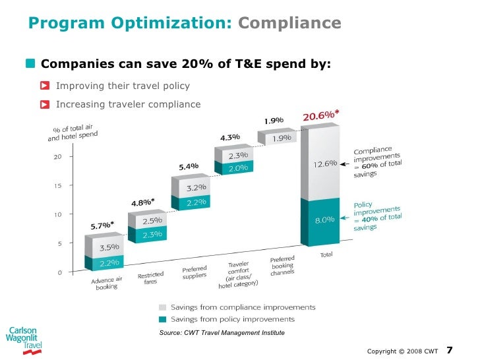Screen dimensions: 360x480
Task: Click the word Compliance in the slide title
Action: tap(289, 24)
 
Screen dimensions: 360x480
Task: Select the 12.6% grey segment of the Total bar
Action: tap(320, 163)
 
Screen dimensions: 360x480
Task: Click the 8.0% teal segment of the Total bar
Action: tap(320, 220)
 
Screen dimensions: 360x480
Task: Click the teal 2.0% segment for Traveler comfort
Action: tap(239, 168)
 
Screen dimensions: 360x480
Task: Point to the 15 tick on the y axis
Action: tap(57, 186)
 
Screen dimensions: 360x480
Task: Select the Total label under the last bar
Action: tap(325, 255)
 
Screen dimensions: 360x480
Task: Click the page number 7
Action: tap(450, 349)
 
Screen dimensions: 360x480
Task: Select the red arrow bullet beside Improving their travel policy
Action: tap(45, 86)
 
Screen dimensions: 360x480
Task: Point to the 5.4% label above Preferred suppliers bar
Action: tap(189, 166)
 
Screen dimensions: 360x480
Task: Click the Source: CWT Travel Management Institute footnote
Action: tap(222, 333)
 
